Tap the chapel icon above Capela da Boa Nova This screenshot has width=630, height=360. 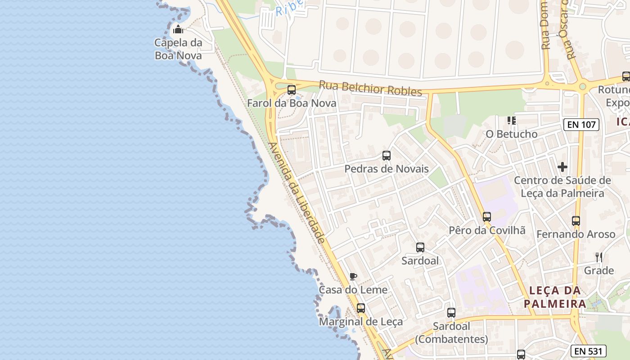pyautogui.click(x=178, y=30)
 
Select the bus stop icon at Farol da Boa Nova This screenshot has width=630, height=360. pyautogui.click(x=292, y=90)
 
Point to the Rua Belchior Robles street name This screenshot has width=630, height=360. pyautogui.click(x=371, y=88)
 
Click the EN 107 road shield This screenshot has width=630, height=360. pyautogui.click(x=582, y=125)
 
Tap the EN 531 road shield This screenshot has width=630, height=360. pyautogui.click(x=589, y=351)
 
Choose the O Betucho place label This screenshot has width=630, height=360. pyautogui.click(x=512, y=134)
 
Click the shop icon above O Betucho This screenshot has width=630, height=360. pyautogui.click(x=512, y=120)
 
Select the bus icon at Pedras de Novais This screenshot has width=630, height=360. pyautogui.click(x=387, y=156)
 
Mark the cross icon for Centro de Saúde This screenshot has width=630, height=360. pyautogui.click(x=562, y=167)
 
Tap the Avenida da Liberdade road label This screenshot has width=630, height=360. pyautogui.click(x=297, y=193)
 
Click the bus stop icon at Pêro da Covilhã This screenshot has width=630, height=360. pyautogui.click(x=487, y=217)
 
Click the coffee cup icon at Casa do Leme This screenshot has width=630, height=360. pyautogui.click(x=353, y=276)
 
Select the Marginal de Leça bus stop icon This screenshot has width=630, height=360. pyautogui.click(x=361, y=308)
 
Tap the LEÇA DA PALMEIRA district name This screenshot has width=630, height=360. pyautogui.click(x=555, y=297)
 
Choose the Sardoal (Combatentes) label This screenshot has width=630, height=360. pyautogui.click(x=451, y=333)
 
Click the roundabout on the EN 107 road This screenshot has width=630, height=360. pyautogui.click(x=582, y=86)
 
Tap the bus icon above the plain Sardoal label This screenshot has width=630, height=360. pyautogui.click(x=420, y=247)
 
